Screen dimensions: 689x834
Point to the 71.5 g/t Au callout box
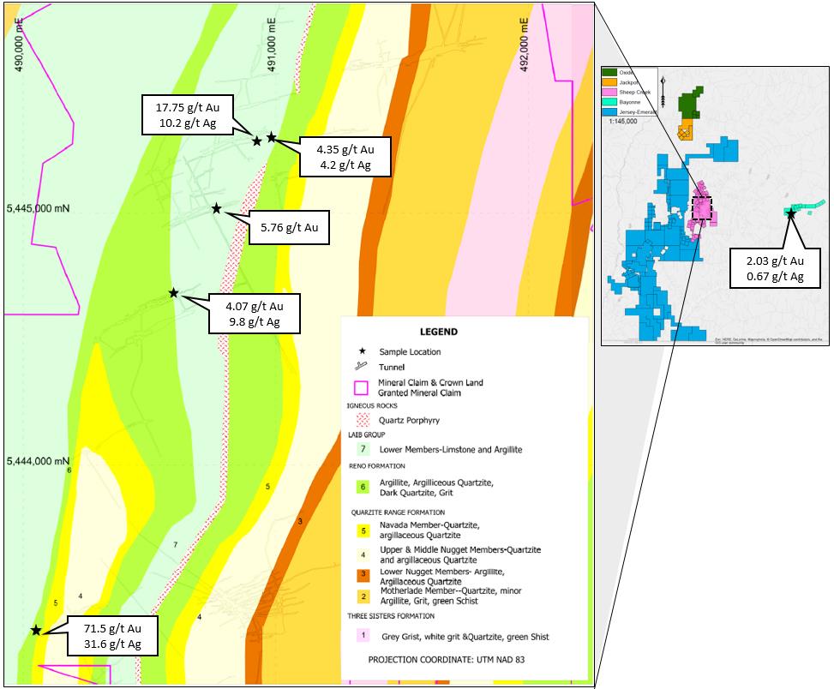112,635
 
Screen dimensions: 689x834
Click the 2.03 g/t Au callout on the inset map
773,268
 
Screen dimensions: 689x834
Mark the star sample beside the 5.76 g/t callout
217,208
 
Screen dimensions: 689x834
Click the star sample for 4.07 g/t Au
173,293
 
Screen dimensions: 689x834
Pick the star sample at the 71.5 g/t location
36,631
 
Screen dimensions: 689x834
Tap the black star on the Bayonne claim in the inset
791,213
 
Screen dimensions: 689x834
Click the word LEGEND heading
438,332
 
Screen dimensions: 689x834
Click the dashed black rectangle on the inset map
702,208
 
